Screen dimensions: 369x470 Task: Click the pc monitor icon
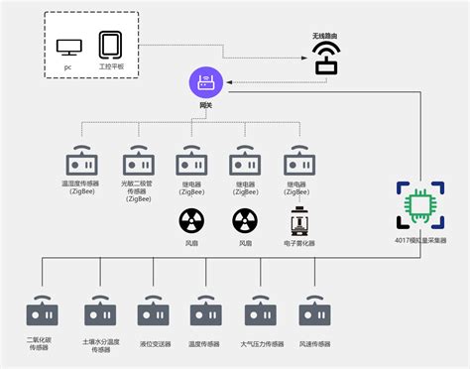point(69,46)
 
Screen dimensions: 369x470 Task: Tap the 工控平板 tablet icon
point(110,45)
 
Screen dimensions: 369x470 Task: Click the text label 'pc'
point(68,66)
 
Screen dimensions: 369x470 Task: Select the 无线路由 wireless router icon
point(327,60)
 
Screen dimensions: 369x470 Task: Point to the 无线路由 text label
point(327,36)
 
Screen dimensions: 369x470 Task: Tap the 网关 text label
point(206,106)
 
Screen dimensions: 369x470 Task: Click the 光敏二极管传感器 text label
point(137,189)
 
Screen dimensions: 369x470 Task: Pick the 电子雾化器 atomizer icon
point(298,220)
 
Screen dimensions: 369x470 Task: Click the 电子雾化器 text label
point(298,243)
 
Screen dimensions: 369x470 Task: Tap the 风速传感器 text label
point(314,344)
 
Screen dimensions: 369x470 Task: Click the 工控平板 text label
point(110,66)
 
